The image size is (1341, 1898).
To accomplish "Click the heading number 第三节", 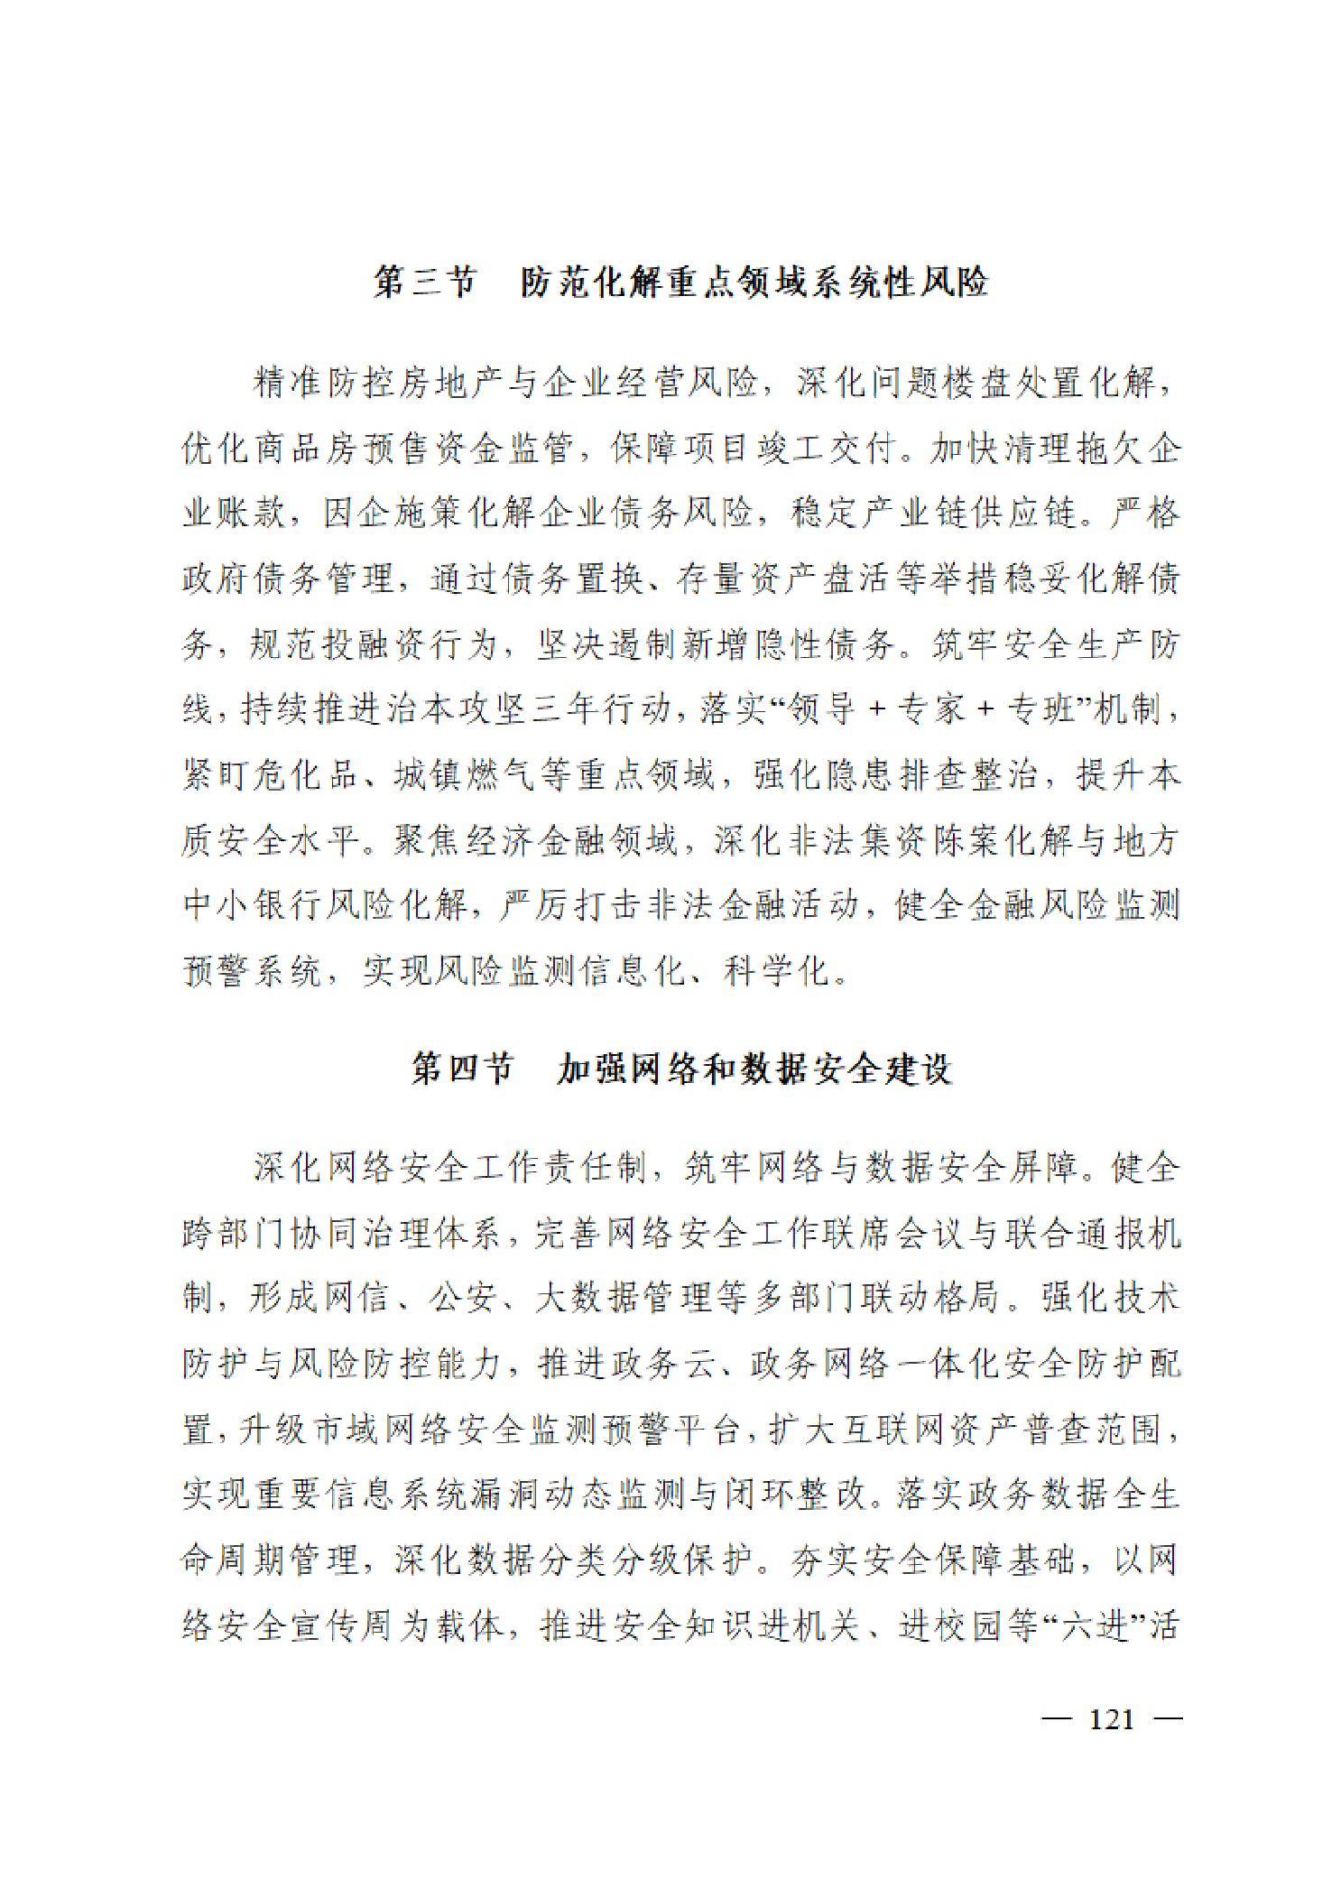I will pos(423,283).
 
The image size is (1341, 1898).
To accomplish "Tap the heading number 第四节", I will pos(461,1069).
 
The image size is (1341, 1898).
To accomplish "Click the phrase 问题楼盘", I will pos(910,384).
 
